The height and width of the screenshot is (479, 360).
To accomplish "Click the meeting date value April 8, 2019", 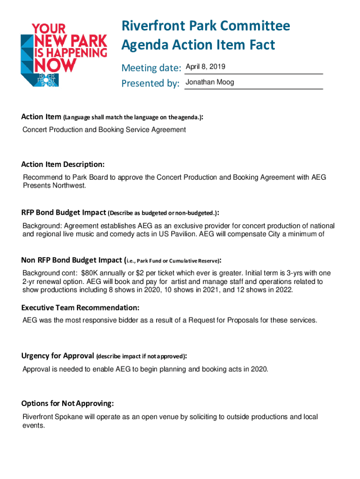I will [205, 67].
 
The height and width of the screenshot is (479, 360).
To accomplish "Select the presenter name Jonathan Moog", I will [210, 82].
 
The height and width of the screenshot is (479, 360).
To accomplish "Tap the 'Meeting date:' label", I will [151, 68].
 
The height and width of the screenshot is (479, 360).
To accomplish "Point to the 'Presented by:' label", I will [151, 84].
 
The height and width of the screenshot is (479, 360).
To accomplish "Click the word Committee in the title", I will [259, 26].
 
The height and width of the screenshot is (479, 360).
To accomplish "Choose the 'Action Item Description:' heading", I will [63, 165].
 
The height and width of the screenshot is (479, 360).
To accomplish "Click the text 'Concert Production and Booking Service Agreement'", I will [104, 130].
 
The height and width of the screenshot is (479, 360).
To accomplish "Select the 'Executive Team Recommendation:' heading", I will [80, 308].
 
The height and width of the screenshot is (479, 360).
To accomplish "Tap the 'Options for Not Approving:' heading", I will [67, 404].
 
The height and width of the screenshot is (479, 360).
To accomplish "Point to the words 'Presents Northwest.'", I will [55, 186].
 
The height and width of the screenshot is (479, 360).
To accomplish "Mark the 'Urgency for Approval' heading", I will [58, 356].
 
